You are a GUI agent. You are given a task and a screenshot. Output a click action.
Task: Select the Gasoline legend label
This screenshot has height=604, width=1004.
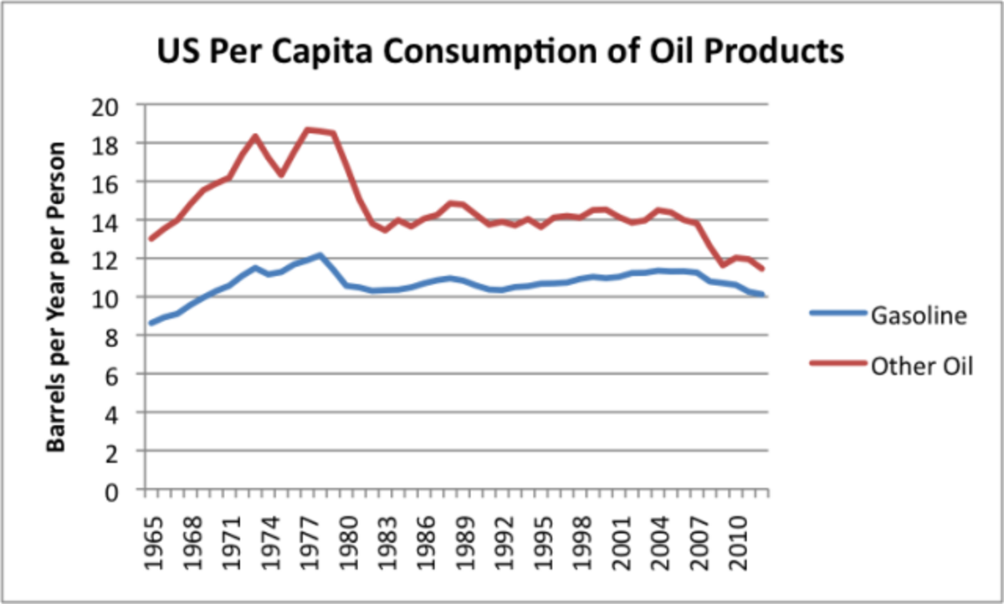pos(919,316)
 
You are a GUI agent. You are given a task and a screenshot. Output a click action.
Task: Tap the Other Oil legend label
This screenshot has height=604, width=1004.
pos(922,366)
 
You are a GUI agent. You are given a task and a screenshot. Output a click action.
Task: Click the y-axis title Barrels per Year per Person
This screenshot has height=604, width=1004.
pos(57,298)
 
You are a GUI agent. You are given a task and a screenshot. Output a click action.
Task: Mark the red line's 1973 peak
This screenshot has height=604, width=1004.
pos(255,136)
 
